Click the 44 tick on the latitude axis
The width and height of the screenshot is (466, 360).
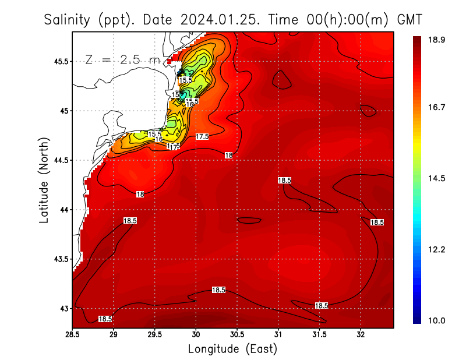coord(63,210)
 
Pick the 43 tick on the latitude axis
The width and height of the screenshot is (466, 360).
coord(63,308)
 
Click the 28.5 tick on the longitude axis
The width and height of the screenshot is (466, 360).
coord(72,334)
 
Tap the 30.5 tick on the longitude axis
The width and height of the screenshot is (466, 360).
coord(237,334)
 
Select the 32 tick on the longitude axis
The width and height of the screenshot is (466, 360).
coord(361,334)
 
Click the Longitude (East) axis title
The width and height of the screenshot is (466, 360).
coord(232,349)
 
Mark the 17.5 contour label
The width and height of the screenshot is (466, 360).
coord(202,136)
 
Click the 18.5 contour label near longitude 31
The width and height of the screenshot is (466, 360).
coord(285,181)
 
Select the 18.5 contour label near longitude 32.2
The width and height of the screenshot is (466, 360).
coord(377,223)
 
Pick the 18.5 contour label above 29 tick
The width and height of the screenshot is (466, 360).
coord(130,221)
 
